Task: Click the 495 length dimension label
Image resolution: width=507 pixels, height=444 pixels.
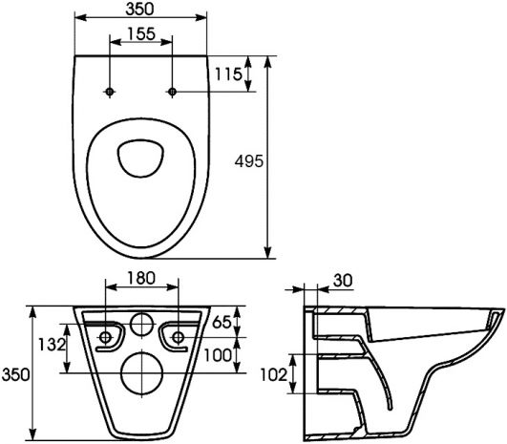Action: pos(249,161)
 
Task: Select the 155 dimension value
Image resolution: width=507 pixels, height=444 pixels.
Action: pos(141,33)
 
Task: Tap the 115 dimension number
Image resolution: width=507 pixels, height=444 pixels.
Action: pos(229,74)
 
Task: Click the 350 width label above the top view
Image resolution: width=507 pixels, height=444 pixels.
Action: pos(140,9)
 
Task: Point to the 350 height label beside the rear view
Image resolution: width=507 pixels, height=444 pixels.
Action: pos(15,375)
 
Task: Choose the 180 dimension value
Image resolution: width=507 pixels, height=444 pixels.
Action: pos(141,278)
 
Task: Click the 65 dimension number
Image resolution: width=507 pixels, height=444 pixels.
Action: pos(222,322)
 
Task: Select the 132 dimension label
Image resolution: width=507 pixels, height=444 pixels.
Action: pos(52,345)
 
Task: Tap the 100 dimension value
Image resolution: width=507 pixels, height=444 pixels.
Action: pos(218,355)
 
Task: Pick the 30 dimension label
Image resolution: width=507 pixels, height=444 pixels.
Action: pos(343,281)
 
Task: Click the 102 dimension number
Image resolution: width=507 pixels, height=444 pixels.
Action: pos(274,375)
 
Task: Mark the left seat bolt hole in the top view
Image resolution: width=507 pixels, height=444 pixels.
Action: pos(110,92)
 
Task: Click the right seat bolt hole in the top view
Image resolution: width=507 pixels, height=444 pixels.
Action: pos(172,92)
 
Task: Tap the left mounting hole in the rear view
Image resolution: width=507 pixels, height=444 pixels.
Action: pos(106,338)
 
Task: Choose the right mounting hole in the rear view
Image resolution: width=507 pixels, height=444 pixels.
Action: pos(179,338)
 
